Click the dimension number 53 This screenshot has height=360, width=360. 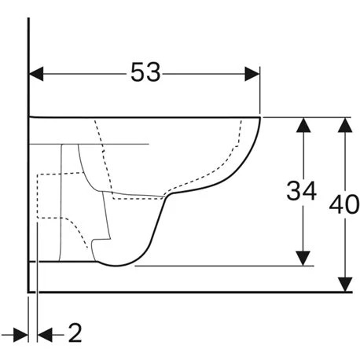click(x=145, y=72)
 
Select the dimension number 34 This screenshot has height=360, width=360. click(x=302, y=191)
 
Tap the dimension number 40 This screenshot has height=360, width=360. click(x=344, y=204)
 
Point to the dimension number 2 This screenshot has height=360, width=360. click(x=75, y=332)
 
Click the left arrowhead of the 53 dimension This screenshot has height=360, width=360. click(x=36, y=74)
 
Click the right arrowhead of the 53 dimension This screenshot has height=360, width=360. click(x=252, y=74)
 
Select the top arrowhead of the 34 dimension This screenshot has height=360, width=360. click(x=303, y=125)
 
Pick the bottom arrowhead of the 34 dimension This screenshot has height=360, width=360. click(x=303, y=258)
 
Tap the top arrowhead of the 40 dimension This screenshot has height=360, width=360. click(x=345, y=125)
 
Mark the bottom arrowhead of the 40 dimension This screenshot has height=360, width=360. click(x=345, y=285)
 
